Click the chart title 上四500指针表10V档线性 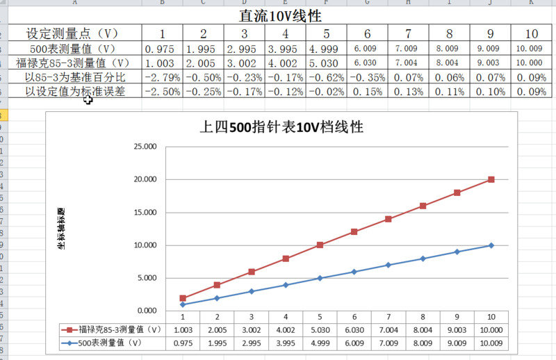pos(281,127)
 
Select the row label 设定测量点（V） pos(72,34)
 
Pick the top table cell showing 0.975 pos(162,49)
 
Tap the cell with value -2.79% pos(162,76)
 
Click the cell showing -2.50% pos(162,91)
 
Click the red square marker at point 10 pos(491,179)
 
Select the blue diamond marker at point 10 pos(491,245)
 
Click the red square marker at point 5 pos(320,245)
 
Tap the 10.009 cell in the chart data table pos(491,343)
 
